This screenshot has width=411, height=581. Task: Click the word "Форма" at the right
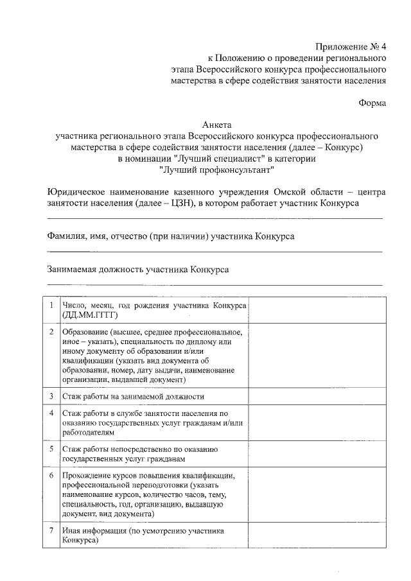click(372, 103)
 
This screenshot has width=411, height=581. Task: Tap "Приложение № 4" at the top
click(351, 46)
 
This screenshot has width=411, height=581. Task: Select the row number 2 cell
click(51, 332)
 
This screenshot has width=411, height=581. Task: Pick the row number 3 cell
click(51, 396)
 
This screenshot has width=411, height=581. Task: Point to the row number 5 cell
click(51, 449)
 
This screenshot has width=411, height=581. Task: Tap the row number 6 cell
click(51, 476)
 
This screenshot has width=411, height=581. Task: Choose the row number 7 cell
click(51, 531)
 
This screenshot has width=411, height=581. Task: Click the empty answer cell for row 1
click(317, 310)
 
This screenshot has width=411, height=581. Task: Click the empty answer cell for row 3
click(317, 396)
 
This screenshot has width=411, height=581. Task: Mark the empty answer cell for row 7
click(317, 536)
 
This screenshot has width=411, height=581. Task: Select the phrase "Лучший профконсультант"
click(216, 170)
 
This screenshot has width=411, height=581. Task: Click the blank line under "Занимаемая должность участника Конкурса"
click(214, 284)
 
